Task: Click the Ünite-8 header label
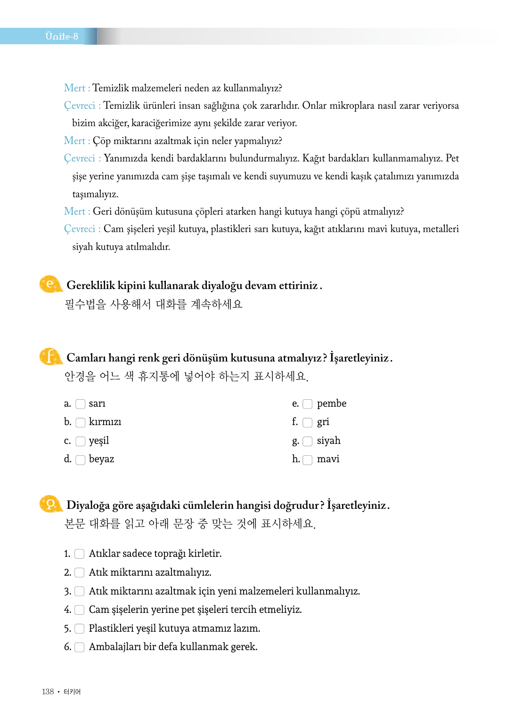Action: [62, 36]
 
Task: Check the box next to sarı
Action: [81, 404]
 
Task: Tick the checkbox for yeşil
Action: [81, 441]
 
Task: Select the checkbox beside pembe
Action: [308, 404]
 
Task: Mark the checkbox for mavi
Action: [308, 460]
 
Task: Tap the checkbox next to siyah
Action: [308, 441]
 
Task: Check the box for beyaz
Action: [81, 460]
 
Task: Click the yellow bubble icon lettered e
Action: [50, 284]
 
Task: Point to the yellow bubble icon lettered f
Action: [50, 357]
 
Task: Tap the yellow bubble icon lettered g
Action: [50, 504]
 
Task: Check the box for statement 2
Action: [80, 572]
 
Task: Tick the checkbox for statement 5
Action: [80, 628]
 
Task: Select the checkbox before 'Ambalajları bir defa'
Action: [80, 647]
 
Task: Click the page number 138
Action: [48, 691]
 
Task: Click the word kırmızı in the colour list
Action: [105, 422]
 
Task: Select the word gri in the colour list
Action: [323, 422]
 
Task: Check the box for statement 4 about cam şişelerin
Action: [80, 610]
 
